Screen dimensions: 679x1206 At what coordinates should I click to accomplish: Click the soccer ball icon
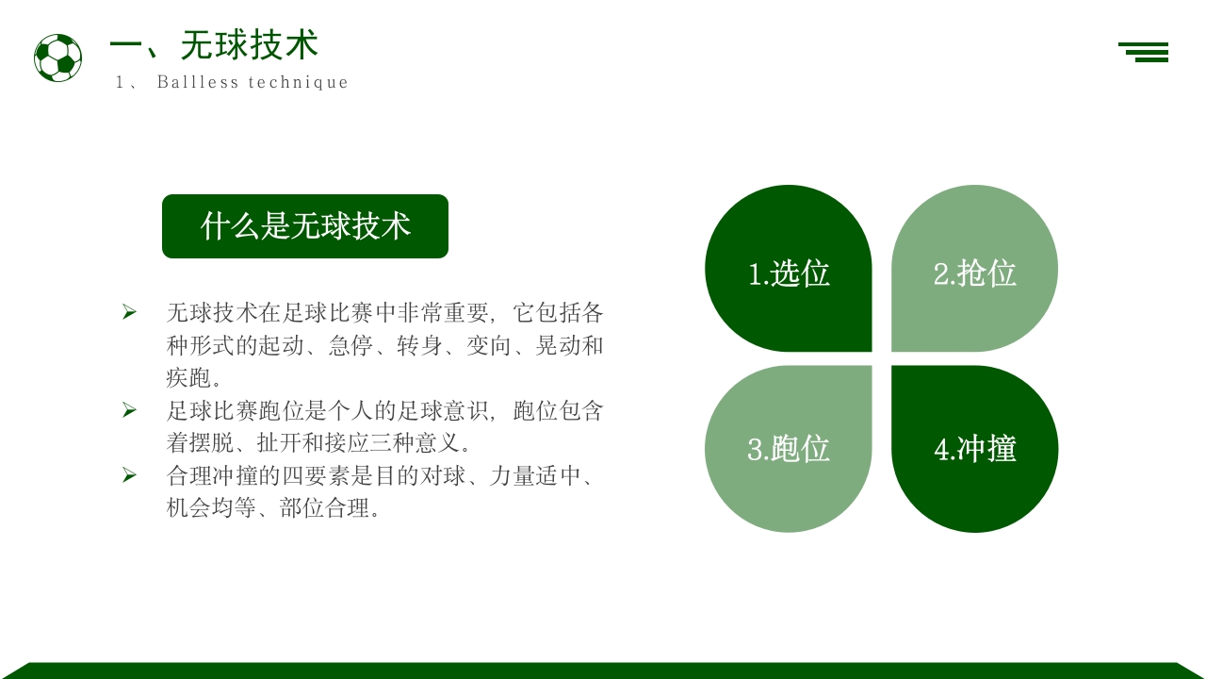[57, 58]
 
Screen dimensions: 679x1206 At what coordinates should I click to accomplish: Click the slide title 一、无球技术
[214, 44]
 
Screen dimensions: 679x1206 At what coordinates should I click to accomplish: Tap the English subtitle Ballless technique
[252, 82]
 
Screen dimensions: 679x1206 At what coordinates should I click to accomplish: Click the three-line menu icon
[1144, 52]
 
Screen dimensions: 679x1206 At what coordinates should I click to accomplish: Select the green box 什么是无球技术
[305, 226]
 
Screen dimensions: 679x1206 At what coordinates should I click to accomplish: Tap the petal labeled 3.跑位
[789, 449]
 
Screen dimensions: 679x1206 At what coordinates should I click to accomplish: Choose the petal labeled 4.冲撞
[974, 449]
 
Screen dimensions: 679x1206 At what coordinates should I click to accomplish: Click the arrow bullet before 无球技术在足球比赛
[129, 312]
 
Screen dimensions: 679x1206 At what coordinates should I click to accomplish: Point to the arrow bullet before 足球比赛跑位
[129, 410]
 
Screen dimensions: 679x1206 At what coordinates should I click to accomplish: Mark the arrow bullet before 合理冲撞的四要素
[129, 475]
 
